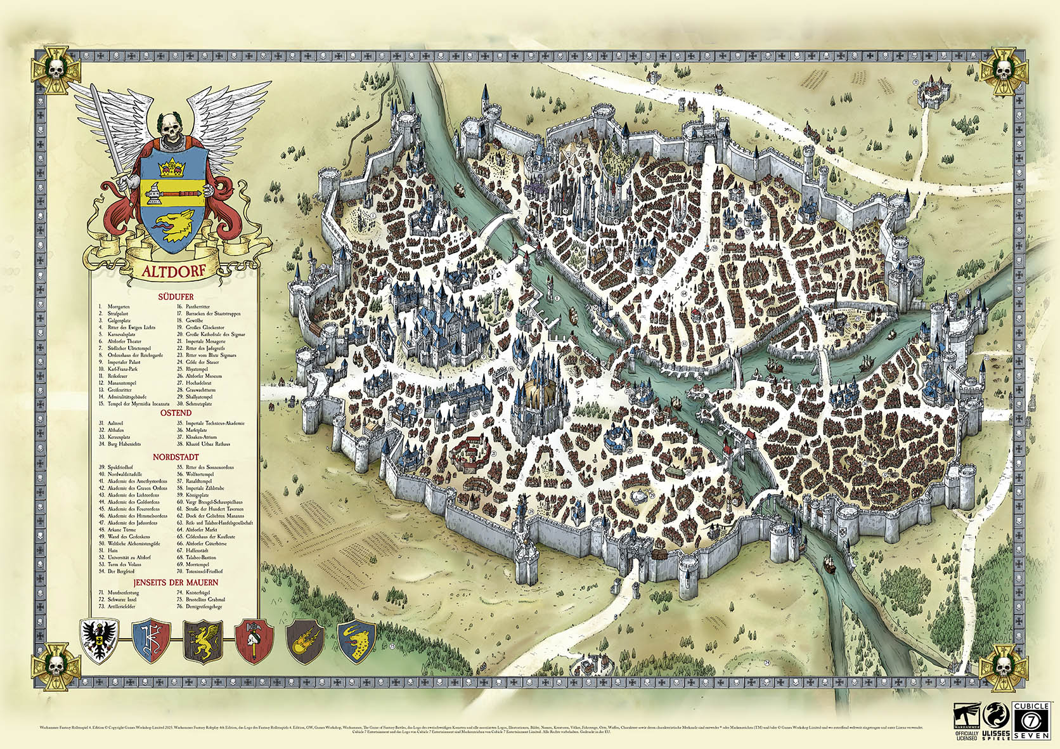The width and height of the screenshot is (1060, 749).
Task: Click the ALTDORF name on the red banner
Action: click(173, 271)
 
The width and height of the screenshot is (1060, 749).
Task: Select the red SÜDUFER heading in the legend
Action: click(176, 297)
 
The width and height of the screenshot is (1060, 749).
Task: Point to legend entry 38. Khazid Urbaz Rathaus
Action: click(207, 444)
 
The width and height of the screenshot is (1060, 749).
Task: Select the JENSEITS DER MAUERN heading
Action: click(176, 582)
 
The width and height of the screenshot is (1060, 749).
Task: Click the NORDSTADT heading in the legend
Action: click(176, 457)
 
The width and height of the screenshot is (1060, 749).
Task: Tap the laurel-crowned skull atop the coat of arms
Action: click(170, 129)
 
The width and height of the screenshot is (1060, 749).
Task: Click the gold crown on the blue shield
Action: click(171, 169)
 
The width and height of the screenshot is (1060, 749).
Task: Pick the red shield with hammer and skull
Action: click(254, 641)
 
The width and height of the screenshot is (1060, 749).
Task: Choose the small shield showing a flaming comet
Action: click(305, 641)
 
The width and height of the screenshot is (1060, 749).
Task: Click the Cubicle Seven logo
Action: click(1031, 720)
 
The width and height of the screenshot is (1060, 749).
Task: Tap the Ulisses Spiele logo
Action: click(996, 721)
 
